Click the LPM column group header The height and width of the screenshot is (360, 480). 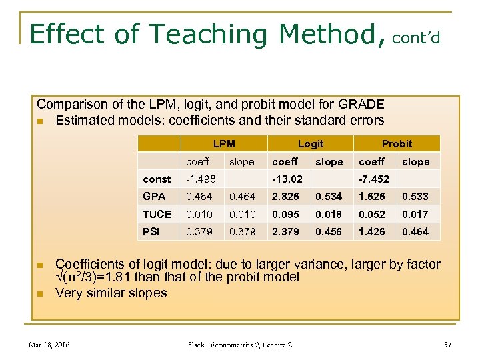[x=224, y=144]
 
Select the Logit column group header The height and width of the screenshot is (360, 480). [x=311, y=144]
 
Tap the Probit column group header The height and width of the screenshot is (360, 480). [x=397, y=144]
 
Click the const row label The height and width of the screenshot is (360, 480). [x=157, y=179]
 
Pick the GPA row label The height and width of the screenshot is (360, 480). [x=154, y=197]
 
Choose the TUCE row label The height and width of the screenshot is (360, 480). [x=157, y=214]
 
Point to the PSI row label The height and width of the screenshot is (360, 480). [x=151, y=232]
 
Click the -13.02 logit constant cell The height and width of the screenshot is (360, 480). [x=287, y=179]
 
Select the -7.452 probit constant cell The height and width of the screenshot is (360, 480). [x=374, y=179]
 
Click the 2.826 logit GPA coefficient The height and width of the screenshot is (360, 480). [x=285, y=197]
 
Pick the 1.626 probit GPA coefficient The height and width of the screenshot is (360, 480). [x=372, y=197]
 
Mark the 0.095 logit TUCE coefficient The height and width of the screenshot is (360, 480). [x=285, y=214]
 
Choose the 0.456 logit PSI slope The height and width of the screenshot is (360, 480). [x=329, y=232]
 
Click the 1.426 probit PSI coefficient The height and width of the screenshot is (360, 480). [x=372, y=232]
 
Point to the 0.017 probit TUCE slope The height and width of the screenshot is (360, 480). [x=415, y=214]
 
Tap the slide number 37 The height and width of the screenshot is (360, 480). [x=447, y=345]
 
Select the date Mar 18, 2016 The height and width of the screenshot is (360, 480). [x=49, y=345]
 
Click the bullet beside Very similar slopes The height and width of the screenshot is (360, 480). [x=41, y=293]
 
